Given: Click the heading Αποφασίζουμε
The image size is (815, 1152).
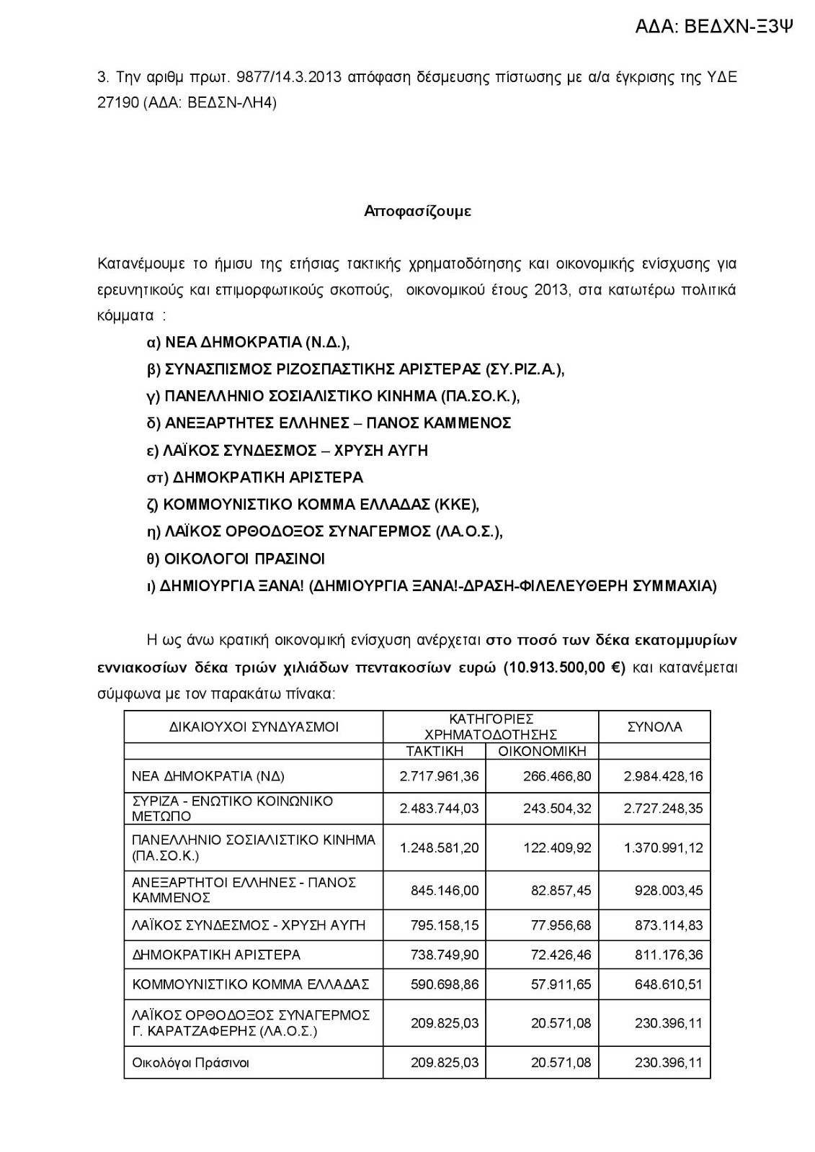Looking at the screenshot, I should [x=417, y=211].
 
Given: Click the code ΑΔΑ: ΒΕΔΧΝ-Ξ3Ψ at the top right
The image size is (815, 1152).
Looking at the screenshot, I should [x=714, y=27].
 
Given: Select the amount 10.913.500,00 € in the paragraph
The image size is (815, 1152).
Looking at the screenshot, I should [x=564, y=667].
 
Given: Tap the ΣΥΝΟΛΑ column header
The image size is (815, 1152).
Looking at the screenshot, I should [x=654, y=726].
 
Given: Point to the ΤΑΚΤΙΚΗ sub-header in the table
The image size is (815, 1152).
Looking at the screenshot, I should [x=434, y=751].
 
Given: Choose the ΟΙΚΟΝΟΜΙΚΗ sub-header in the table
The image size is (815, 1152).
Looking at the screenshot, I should [x=542, y=751].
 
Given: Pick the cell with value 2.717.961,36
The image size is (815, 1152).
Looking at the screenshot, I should [x=439, y=777].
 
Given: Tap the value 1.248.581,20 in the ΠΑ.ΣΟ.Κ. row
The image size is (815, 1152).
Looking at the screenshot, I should [x=439, y=847].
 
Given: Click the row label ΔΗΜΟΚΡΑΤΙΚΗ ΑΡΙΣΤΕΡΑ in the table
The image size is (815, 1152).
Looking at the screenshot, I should [x=216, y=955].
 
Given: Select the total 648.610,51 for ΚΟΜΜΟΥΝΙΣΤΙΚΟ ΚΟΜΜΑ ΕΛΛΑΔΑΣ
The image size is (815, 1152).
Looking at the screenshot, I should [x=668, y=984].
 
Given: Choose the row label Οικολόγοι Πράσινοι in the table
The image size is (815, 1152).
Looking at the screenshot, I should [x=190, y=1063].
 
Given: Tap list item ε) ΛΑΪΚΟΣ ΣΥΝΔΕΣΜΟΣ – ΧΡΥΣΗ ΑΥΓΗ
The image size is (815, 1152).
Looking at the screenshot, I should [x=287, y=451].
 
